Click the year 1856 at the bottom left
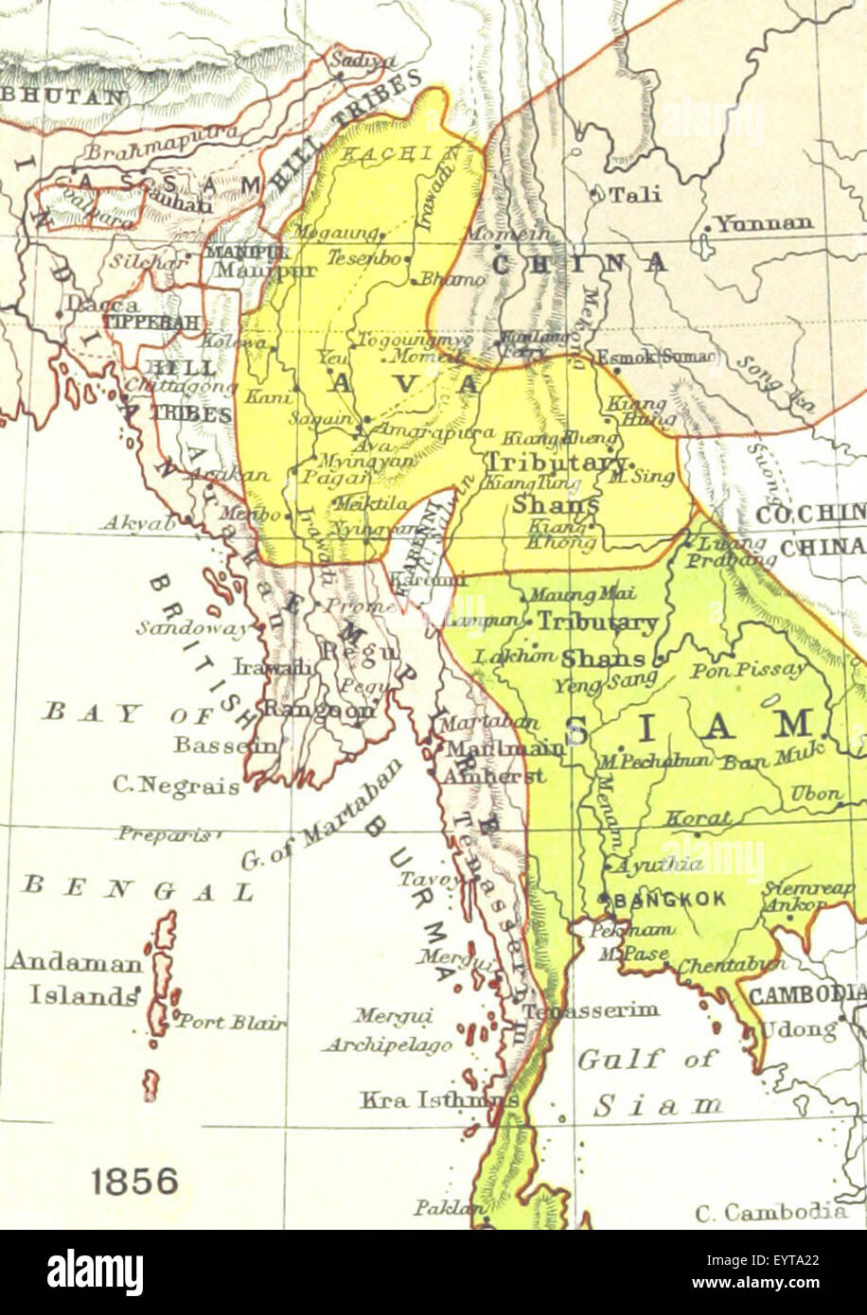(134, 1181)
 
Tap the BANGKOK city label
(669, 899)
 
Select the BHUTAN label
(63, 96)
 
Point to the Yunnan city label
(764, 224)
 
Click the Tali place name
(634, 195)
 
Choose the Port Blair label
(232, 1022)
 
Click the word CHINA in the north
(579, 263)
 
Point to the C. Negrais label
(176, 785)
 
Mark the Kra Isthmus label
(438, 1099)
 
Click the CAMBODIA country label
(806, 993)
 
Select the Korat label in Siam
(698, 818)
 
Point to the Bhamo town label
(451, 280)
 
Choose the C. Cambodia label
(770, 1211)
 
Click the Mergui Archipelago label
(388, 1030)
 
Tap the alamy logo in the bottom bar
(96, 1272)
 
